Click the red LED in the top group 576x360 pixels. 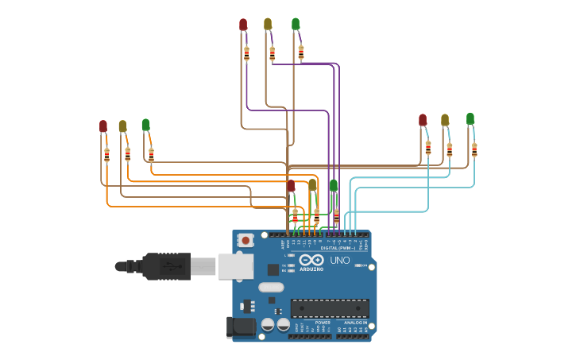(x=243, y=25)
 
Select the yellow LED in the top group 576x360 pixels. (x=268, y=24)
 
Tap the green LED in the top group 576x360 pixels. (x=296, y=24)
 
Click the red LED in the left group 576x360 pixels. (x=103, y=126)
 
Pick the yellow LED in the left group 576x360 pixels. (x=122, y=126)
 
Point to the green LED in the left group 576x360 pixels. (x=145, y=125)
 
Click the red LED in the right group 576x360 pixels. (x=423, y=120)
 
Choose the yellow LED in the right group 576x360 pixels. (x=445, y=120)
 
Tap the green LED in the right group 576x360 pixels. (x=470, y=119)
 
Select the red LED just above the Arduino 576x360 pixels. (x=291, y=186)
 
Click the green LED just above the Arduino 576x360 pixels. (x=334, y=186)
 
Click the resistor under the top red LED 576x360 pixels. (x=246, y=54)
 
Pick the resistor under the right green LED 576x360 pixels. (x=474, y=149)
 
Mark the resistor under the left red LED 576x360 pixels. (x=106, y=154)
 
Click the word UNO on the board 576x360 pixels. (x=340, y=260)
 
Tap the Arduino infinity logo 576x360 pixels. (x=311, y=260)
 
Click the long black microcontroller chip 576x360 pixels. (x=329, y=308)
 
